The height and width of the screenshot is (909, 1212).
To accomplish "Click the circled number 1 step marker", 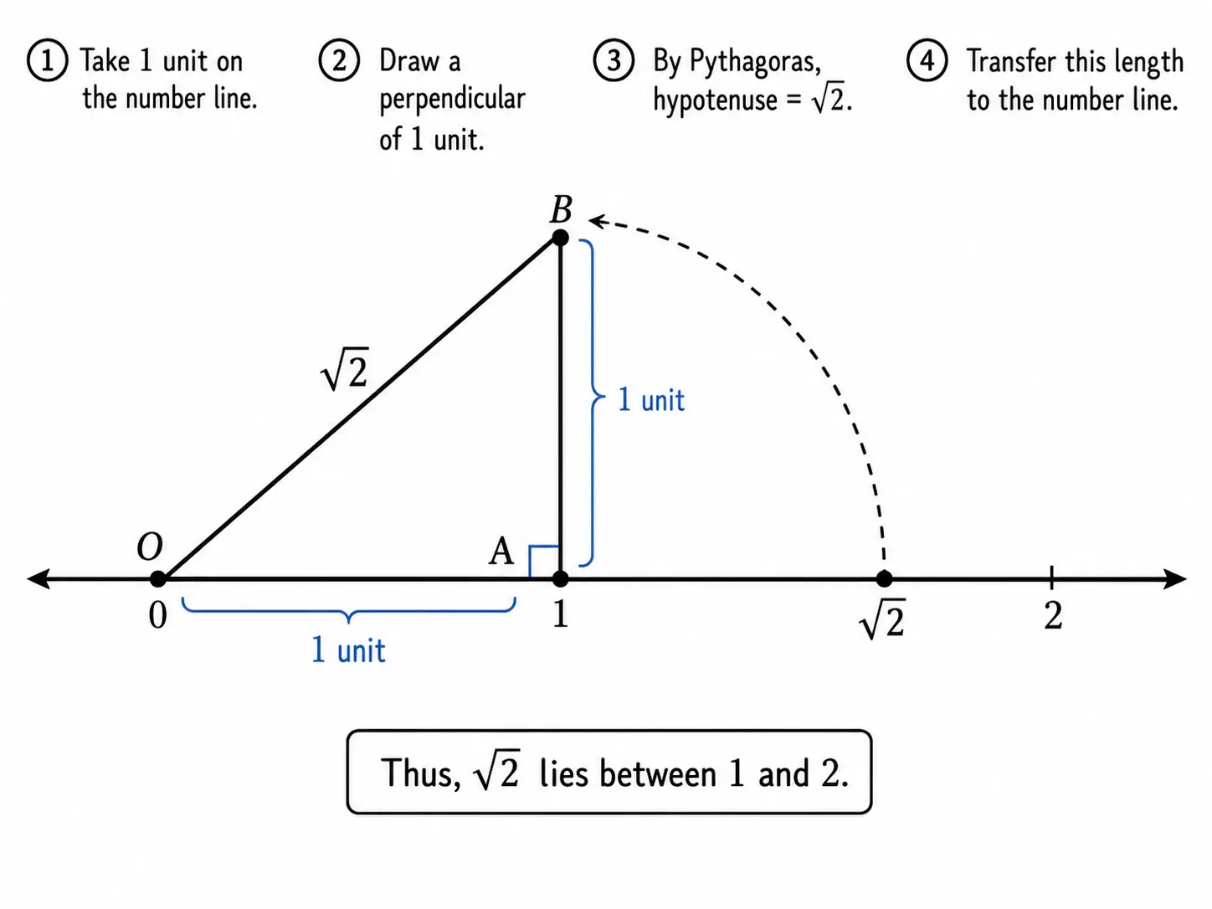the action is point(48,60).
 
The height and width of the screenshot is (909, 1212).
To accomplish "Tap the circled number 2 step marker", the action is point(339,60).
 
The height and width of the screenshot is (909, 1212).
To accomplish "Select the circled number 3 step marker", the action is point(614,60).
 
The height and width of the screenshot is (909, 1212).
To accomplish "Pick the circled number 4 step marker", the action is point(927,60).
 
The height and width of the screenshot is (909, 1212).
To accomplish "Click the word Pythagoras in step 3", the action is point(755,62).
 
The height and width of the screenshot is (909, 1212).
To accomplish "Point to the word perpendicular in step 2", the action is point(452,100).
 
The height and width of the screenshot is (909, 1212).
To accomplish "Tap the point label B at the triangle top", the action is point(561,209).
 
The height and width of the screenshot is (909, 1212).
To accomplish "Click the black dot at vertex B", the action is point(561,238).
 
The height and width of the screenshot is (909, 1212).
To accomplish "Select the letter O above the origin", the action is point(150,547).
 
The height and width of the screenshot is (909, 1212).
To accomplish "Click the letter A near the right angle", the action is point(501,551).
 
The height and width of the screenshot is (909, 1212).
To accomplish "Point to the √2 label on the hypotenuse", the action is point(344,368).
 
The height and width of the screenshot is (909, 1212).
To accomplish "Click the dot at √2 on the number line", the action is point(884,579).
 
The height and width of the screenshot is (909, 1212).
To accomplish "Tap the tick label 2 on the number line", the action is point(1053,615).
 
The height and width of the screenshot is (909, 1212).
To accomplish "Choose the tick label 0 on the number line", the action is point(157,615).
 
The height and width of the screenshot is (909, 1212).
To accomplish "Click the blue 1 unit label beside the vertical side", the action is point(651,399).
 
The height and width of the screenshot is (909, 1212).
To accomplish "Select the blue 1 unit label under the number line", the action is point(348,650).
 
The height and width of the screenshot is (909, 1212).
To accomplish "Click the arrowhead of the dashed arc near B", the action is point(598,221).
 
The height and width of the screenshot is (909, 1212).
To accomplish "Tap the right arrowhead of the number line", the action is point(1176,579).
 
